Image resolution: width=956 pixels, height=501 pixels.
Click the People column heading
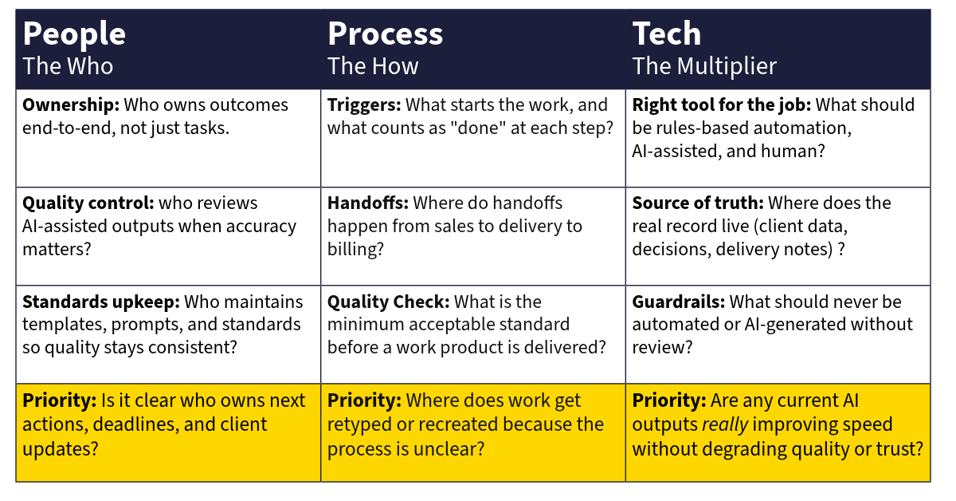[74, 34]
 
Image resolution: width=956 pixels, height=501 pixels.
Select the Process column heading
[385, 34]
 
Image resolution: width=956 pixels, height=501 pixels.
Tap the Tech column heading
[667, 34]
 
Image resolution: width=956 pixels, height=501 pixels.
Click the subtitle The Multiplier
[704, 66]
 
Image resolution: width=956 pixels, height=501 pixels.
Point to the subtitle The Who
[68, 66]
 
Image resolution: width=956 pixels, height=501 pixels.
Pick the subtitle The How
[373, 66]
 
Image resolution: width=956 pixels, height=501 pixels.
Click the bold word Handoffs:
[367, 203]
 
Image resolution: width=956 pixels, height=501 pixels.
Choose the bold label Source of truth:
[697, 203]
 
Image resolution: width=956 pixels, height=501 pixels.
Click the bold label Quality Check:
[389, 302]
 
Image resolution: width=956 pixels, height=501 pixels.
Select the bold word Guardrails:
[678, 302]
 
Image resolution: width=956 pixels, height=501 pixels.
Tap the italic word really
[725, 425]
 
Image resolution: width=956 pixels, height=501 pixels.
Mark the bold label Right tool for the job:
[721, 105]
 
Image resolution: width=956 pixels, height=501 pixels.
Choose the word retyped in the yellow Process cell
[358, 425]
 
